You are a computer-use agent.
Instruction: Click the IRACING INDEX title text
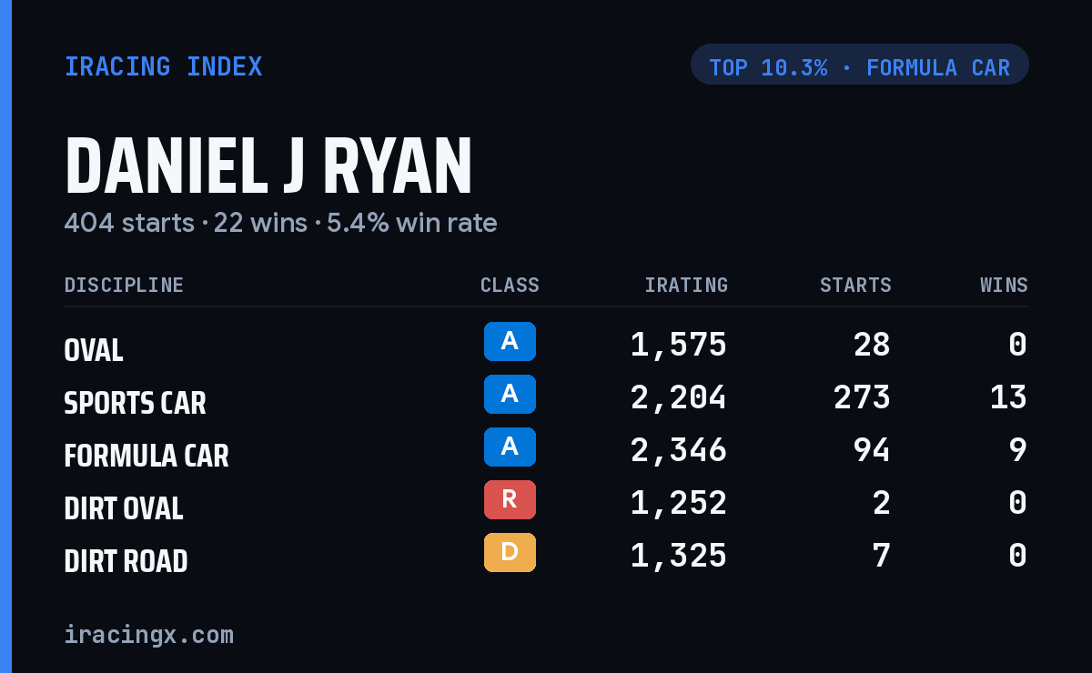(164, 66)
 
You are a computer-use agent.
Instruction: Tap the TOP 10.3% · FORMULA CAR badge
(859, 65)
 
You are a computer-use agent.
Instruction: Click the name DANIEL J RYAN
(268, 166)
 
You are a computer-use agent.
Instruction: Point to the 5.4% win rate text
(412, 223)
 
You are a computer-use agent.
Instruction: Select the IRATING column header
(686, 285)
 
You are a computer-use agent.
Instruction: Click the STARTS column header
(855, 285)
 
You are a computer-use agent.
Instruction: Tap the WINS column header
(1005, 285)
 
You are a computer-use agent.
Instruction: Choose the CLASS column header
(510, 285)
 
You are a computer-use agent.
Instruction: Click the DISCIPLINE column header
(124, 285)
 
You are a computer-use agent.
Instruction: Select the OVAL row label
(94, 350)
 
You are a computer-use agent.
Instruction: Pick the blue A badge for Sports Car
(510, 394)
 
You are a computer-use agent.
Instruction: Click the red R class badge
(510, 499)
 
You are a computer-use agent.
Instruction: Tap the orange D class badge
(510, 552)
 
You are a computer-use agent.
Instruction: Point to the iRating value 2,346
(678, 451)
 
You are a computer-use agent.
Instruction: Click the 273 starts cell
(862, 397)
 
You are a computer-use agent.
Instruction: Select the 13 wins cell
(1008, 397)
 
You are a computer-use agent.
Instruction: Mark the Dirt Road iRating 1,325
(678, 556)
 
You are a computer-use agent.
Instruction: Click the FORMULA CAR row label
(147, 456)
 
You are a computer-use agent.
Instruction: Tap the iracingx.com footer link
(149, 635)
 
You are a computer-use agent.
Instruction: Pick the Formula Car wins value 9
(1018, 450)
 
